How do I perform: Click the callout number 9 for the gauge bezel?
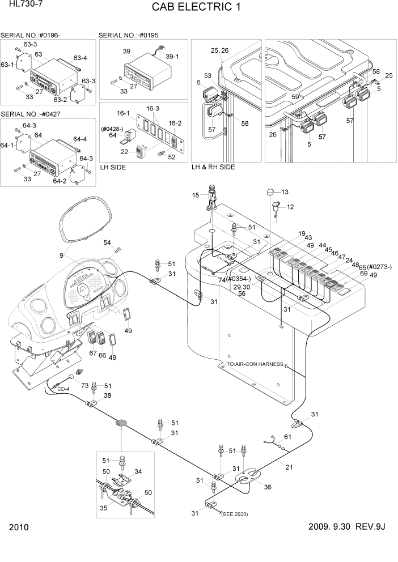point(62,255)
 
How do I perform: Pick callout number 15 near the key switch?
point(196,195)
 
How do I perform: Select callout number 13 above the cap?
point(285,192)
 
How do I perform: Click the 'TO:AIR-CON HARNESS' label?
point(255,364)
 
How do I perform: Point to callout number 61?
point(287,437)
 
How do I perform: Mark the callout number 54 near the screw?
point(107,242)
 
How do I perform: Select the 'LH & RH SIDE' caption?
point(213,167)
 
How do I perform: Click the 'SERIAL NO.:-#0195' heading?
point(128,35)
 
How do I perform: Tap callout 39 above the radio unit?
point(126,51)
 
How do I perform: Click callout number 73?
point(85,385)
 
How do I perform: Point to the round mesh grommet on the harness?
point(121,423)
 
